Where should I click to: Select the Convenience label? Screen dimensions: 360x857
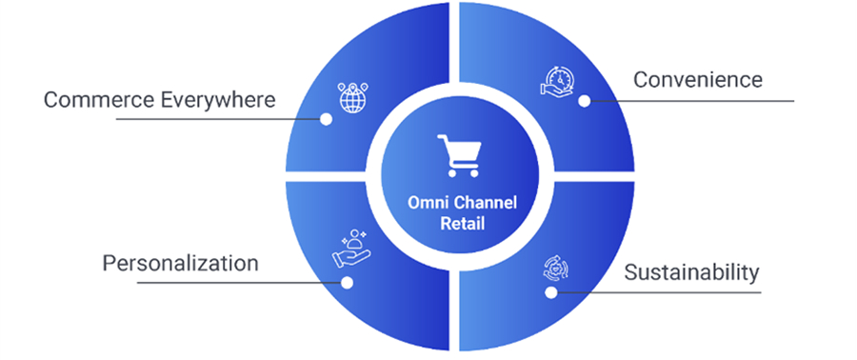click(698, 79)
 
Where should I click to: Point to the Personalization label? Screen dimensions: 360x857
click(180, 262)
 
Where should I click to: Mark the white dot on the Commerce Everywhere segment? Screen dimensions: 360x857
click(327, 120)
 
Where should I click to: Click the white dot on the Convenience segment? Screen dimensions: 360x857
click(584, 99)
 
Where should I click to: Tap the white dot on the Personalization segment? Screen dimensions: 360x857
click(347, 283)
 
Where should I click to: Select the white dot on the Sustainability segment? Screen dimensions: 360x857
click(550, 292)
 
